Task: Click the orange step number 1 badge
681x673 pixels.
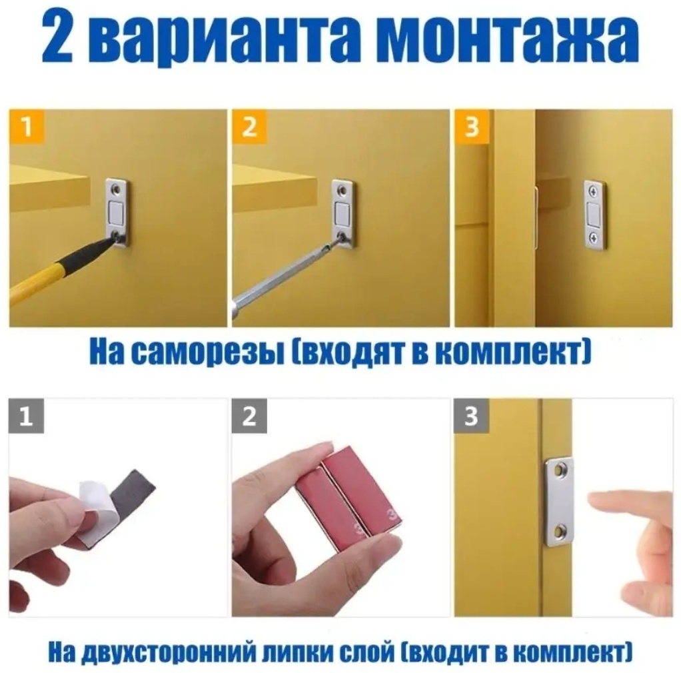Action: (x=27, y=127)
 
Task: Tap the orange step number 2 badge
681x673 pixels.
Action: (x=249, y=127)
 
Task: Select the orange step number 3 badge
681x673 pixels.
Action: (x=472, y=127)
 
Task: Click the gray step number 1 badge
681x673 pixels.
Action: (x=27, y=416)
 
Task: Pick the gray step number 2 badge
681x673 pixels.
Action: (x=249, y=416)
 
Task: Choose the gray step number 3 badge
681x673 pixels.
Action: (x=472, y=416)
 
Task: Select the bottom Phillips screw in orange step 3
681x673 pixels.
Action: (x=593, y=237)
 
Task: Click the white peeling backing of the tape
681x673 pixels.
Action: (x=98, y=512)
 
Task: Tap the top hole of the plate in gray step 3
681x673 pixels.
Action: (x=559, y=469)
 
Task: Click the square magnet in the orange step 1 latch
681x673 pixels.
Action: (x=118, y=213)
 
